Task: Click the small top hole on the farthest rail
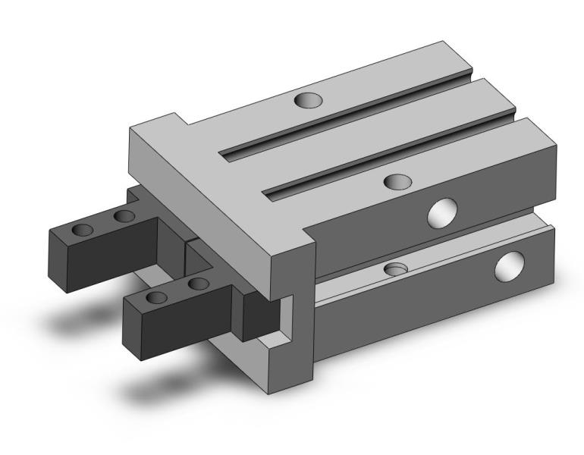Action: (x=309, y=99)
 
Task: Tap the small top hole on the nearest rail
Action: (x=397, y=180)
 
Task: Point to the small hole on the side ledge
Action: (x=395, y=269)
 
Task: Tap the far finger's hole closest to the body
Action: (x=124, y=218)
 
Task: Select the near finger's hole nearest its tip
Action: (x=158, y=297)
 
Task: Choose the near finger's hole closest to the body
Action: (x=198, y=284)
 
